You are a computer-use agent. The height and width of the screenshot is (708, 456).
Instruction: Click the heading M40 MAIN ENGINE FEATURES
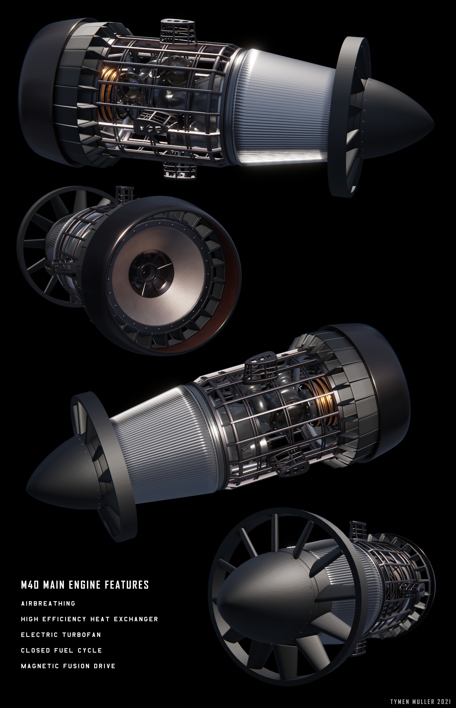(x=85, y=585)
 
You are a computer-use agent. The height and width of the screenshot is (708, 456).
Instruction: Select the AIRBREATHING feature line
(x=48, y=603)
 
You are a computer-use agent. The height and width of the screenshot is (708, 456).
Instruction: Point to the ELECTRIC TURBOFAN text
(x=61, y=635)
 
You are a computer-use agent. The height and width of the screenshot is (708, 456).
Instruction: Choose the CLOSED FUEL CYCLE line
(x=61, y=651)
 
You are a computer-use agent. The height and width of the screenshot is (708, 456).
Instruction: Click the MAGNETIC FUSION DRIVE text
(x=68, y=666)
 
